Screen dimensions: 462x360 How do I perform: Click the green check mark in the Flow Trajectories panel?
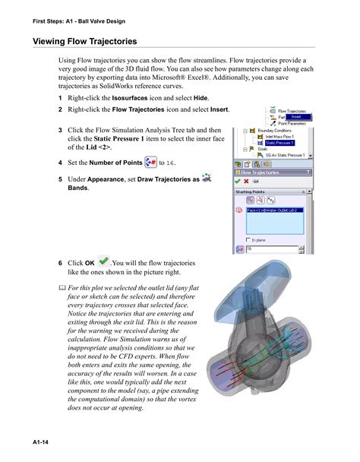point(238,182)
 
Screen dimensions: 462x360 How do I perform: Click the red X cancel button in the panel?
point(246,182)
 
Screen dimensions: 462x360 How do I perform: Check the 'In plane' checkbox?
point(244,239)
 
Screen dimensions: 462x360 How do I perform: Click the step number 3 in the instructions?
point(61,130)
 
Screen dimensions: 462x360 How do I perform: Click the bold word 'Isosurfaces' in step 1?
point(130,99)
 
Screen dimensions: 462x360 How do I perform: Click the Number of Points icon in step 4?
point(150,161)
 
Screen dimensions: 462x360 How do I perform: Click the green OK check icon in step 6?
point(104,261)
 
